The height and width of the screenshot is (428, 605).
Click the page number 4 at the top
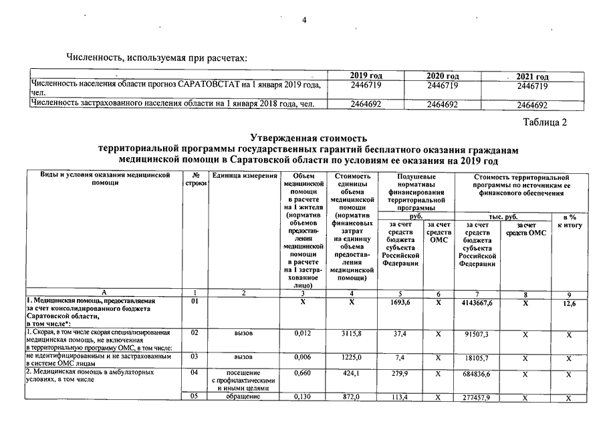pos(304,20)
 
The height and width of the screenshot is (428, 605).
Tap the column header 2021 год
pos(533,78)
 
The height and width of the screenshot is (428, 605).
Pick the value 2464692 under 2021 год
pos(533,105)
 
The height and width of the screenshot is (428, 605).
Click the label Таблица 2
pos(545,122)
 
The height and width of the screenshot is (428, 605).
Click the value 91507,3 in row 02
pos(477,333)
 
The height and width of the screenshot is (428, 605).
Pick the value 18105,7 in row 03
pos(477,358)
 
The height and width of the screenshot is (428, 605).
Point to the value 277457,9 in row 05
pos(477,398)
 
